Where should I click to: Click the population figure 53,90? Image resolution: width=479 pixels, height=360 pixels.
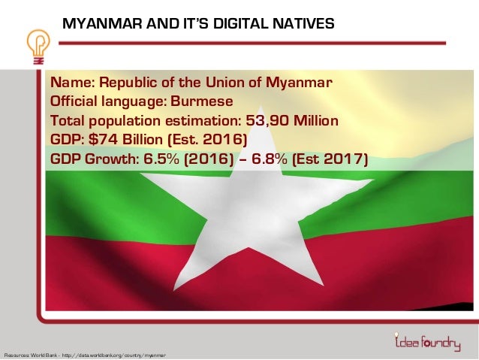[266, 120]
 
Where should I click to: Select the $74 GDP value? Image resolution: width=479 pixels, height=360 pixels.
[98, 140]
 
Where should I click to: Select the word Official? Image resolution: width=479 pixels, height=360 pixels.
[76, 101]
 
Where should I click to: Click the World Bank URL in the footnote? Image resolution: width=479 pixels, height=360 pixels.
[116, 354]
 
